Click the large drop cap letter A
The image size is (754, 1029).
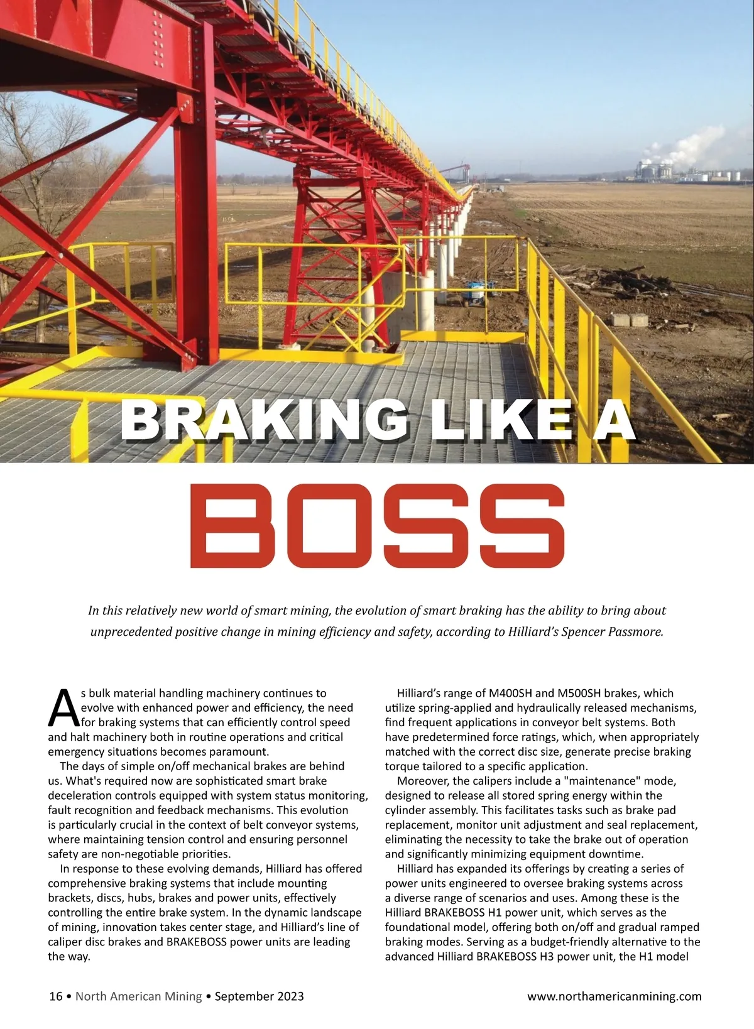pos(62,707)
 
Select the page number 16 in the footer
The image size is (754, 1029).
pos(55,996)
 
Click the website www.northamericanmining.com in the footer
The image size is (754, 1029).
pos(614,996)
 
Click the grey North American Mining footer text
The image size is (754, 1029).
pos(139,996)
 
